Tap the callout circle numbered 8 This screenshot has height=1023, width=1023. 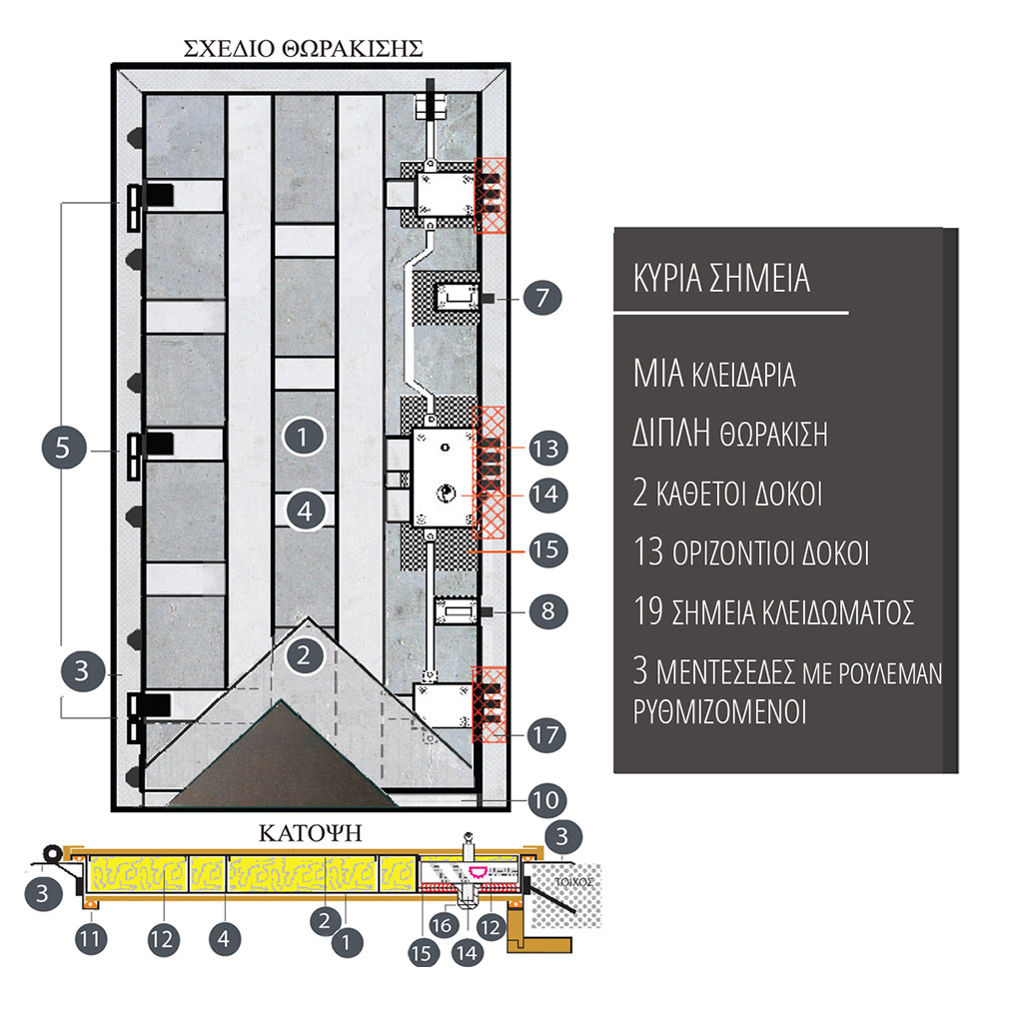pyautogui.click(x=548, y=610)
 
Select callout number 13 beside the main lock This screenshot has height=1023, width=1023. pyautogui.click(x=548, y=447)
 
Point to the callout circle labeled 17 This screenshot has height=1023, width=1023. pyautogui.click(x=548, y=737)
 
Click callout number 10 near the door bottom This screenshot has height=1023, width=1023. pyautogui.click(x=548, y=799)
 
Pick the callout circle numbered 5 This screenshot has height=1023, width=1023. pyautogui.click(x=63, y=448)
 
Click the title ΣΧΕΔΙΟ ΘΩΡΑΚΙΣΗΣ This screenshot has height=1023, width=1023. pyautogui.click(x=304, y=47)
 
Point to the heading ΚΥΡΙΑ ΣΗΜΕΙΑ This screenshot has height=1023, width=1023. pyautogui.click(x=721, y=279)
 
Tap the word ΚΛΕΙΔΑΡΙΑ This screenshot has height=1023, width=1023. pyautogui.click(x=742, y=377)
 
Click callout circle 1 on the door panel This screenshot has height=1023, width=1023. pyautogui.click(x=305, y=437)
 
